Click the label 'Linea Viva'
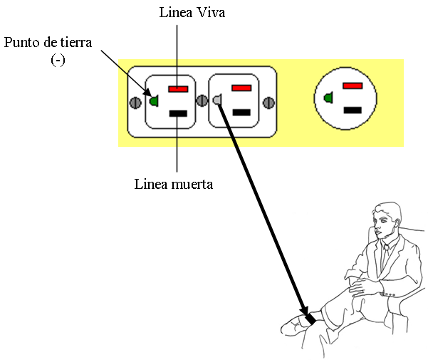pos(192,13)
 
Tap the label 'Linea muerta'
pos(174,184)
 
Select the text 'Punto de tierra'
pos(48,42)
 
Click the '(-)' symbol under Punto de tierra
pos(58,60)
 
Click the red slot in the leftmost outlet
pos(178,89)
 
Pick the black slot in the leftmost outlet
pos(178,113)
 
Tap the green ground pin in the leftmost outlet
pos(155,101)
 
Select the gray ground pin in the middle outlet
pos(217,100)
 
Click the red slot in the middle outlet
pos(241,88)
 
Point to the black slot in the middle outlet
pos(241,112)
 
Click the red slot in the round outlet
pos(353,86)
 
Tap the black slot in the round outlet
pos(353,110)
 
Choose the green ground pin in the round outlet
pos(328,98)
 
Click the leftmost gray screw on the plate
pos(135,103)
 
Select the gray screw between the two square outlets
pos(202,101)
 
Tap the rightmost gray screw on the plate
pos(269,103)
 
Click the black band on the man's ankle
pos(310,319)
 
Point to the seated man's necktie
pos(385,256)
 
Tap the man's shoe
pos(294,326)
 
